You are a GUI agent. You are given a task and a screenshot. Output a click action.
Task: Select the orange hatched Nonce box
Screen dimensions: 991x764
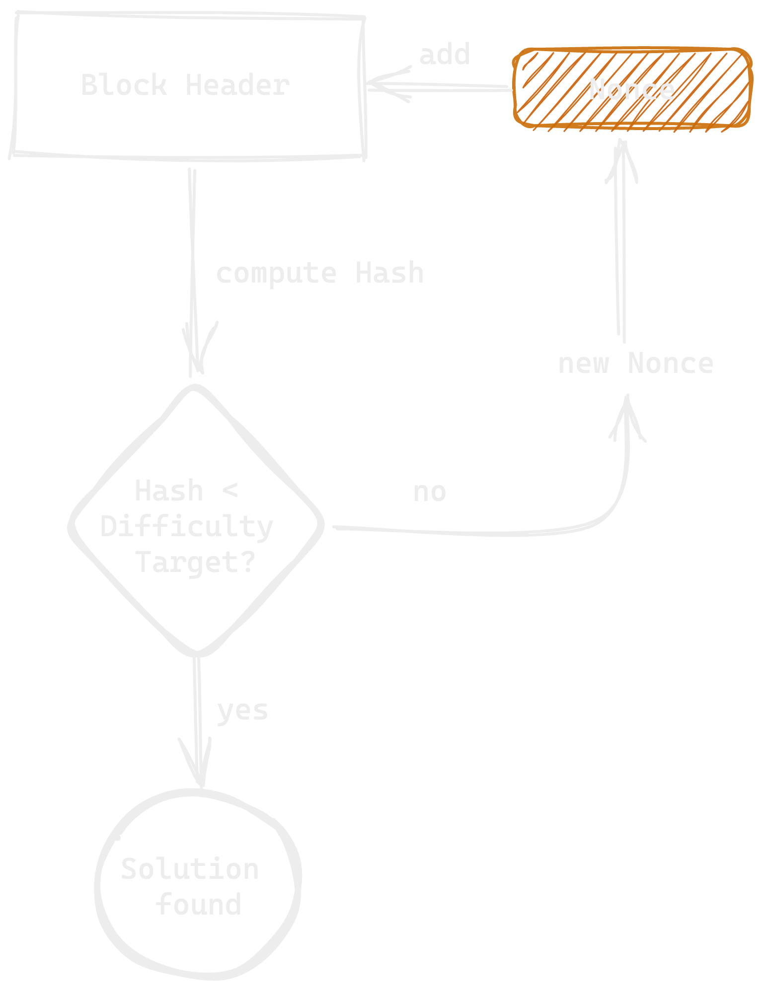coord(632,88)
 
